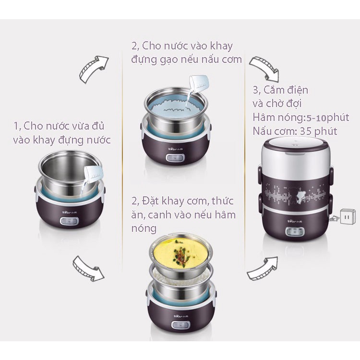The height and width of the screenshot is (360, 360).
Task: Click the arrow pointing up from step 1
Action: pyautogui.click(x=93, y=69)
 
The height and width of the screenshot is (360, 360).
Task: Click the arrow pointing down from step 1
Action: pyautogui.click(x=88, y=268)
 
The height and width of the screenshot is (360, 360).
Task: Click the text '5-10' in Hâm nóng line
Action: pyautogui.click(x=316, y=118)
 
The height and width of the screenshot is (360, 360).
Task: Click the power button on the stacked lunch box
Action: pyautogui.click(x=295, y=231)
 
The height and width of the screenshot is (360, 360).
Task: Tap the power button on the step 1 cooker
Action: pyautogui.click(x=69, y=221)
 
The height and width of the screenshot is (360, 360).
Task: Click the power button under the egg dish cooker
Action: pyautogui.click(x=180, y=325)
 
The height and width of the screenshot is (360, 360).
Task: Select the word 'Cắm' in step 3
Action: pyautogui.click(x=273, y=90)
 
